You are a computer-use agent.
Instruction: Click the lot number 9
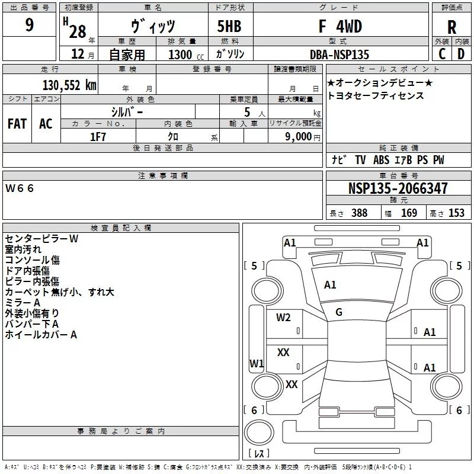click(29, 26)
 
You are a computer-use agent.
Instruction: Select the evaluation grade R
click(451, 27)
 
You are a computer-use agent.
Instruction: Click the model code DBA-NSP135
click(340, 55)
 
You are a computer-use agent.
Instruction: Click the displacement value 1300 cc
click(184, 55)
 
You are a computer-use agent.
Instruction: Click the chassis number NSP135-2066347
click(398, 188)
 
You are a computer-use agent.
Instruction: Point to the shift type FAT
click(17, 124)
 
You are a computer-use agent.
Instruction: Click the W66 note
click(20, 188)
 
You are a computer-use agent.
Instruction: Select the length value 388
click(359, 213)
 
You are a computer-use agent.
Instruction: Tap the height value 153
click(456, 213)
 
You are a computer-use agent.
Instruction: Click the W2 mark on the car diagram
click(283, 318)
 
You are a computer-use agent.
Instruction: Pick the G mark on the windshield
click(339, 312)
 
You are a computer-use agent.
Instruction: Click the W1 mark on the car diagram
click(257, 363)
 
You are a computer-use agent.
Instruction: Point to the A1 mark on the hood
click(330, 285)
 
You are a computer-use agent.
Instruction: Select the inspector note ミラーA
click(23, 302)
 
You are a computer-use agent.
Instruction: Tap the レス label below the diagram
click(259, 454)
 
